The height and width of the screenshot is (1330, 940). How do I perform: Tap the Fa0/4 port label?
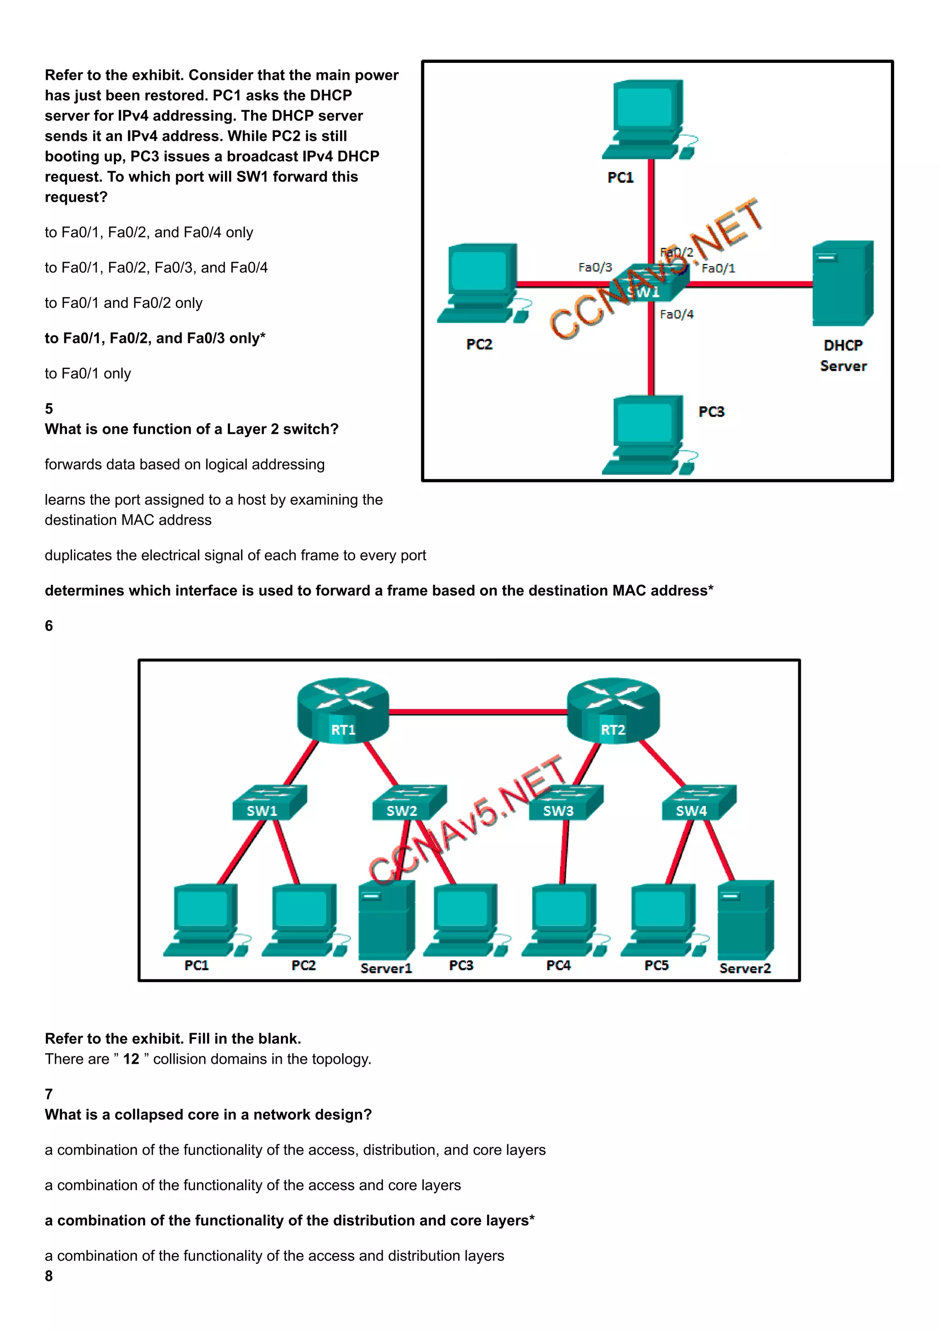click(676, 314)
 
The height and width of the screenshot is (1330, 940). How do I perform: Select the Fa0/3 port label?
click(595, 267)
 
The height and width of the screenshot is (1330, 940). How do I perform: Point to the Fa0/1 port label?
click(718, 268)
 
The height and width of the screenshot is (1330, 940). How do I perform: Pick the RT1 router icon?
click(343, 710)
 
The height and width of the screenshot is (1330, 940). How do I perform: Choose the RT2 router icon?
click(613, 710)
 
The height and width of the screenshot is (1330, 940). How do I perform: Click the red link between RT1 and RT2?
click(478, 712)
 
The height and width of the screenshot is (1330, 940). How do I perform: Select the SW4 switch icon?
click(698, 803)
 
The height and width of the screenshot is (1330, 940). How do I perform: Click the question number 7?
click(49, 1094)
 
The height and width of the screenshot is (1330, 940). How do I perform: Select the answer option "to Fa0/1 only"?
click(88, 374)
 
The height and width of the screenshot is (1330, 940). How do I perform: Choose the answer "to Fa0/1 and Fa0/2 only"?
click(123, 303)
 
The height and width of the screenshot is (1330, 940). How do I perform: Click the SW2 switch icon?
click(408, 803)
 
